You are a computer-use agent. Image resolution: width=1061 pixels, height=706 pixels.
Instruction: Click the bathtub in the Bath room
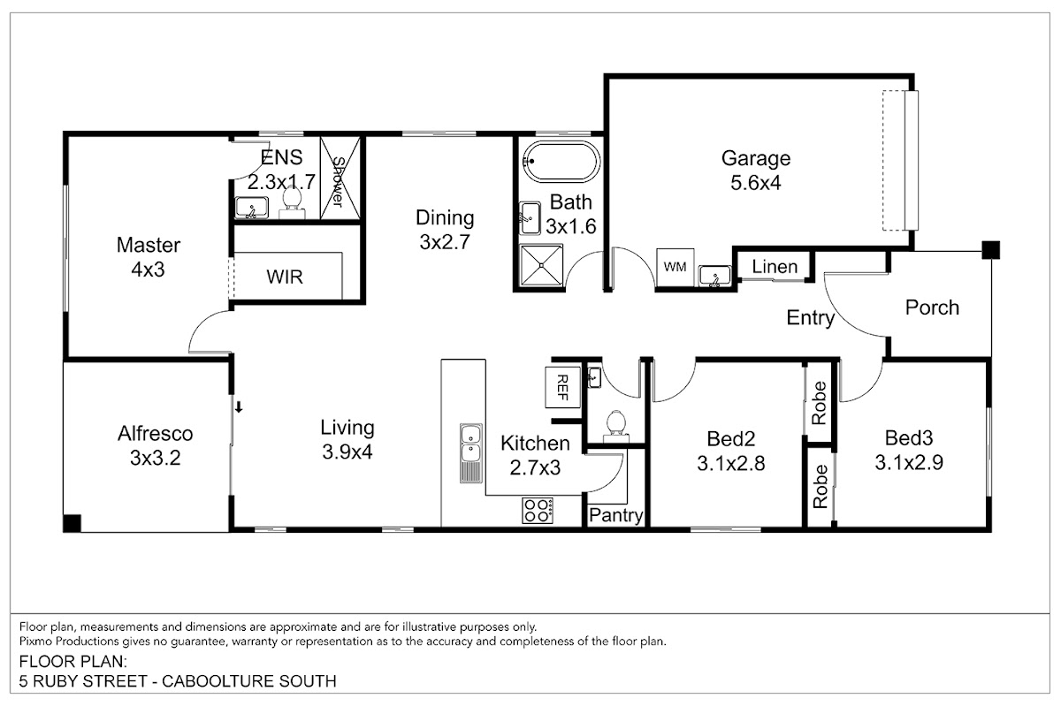[561, 162]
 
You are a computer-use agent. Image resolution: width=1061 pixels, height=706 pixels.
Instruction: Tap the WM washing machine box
[675, 268]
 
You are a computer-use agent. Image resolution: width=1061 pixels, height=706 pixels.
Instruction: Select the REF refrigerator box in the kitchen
[562, 387]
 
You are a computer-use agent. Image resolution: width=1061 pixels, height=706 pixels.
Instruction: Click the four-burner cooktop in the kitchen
[538, 510]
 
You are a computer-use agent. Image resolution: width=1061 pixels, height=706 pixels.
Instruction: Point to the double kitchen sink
[470, 453]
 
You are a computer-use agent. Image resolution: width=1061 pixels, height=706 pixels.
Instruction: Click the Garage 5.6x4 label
[756, 171]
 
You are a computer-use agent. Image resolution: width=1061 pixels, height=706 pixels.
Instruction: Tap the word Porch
[932, 307]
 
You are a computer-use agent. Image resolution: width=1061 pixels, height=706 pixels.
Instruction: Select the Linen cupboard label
[775, 267]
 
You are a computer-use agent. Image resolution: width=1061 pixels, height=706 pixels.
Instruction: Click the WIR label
[284, 277]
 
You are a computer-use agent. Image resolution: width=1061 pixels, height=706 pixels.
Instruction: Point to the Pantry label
[615, 515]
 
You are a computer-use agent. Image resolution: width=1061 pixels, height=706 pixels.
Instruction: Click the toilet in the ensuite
[291, 201]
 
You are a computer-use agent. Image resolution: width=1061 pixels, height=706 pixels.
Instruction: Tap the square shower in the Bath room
[541, 265]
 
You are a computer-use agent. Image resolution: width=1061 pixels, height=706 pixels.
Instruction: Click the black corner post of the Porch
[990, 250]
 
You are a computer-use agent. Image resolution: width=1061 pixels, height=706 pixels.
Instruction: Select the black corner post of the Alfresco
[72, 523]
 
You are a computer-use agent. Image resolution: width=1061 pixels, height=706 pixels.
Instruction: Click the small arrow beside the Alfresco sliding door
[240, 407]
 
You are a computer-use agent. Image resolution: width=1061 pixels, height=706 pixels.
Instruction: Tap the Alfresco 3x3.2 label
[156, 445]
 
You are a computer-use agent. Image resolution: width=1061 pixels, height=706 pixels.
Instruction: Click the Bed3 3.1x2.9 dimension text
[909, 462]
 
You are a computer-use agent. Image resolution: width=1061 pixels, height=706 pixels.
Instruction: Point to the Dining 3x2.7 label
[445, 230]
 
